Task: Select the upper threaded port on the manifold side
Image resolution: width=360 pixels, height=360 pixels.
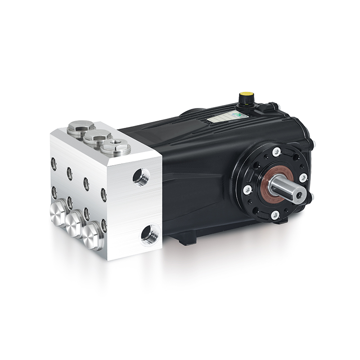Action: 141,177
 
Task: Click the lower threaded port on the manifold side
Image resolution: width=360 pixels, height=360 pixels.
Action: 149,235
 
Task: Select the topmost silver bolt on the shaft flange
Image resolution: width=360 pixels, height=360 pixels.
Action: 276,152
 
